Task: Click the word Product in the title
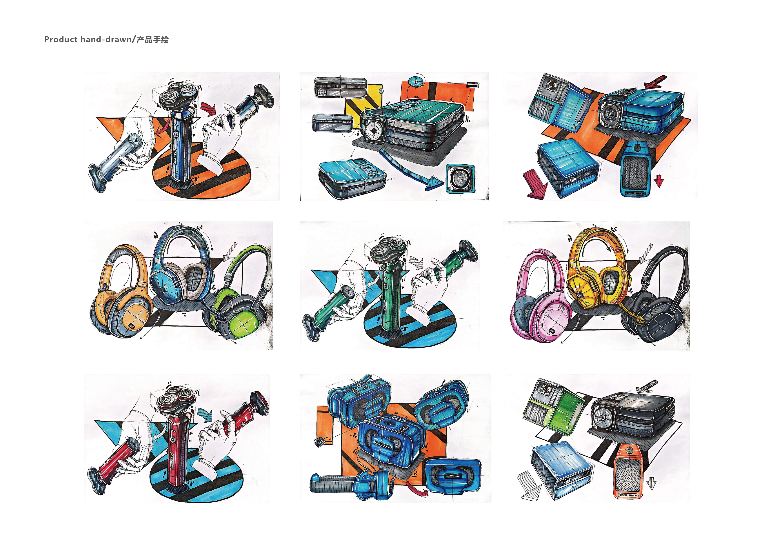pyautogui.click(x=61, y=40)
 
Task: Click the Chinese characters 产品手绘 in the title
pyautogui.click(x=153, y=40)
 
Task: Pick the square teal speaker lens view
pyautogui.click(x=460, y=178)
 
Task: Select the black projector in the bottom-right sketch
pyautogui.click(x=631, y=415)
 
